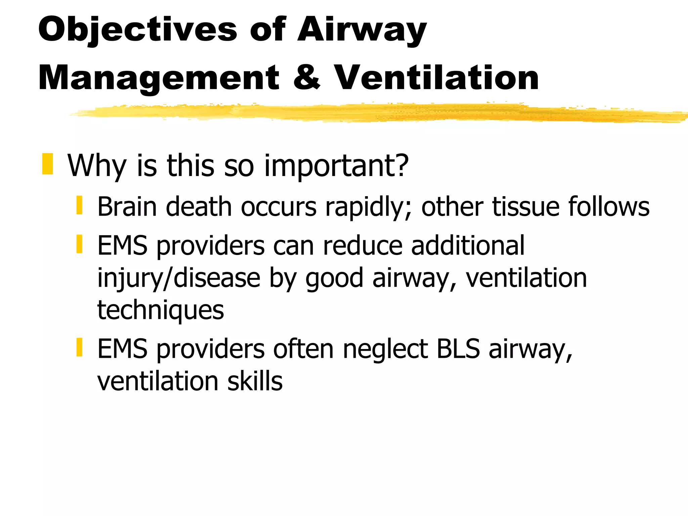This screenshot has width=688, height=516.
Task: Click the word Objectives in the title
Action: click(138, 30)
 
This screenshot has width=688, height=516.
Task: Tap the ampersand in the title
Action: click(306, 78)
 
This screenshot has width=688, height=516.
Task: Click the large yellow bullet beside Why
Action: click(48, 164)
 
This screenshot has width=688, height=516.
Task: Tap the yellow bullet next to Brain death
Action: click(79, 206)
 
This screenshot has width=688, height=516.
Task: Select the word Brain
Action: click(127, 207)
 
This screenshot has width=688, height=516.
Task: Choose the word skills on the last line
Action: click(255, 381)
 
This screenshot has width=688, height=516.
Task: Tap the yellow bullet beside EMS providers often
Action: click(79, 347)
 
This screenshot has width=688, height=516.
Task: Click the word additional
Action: click(468, 246)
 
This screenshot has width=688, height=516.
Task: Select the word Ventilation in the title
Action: click(436, 78)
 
